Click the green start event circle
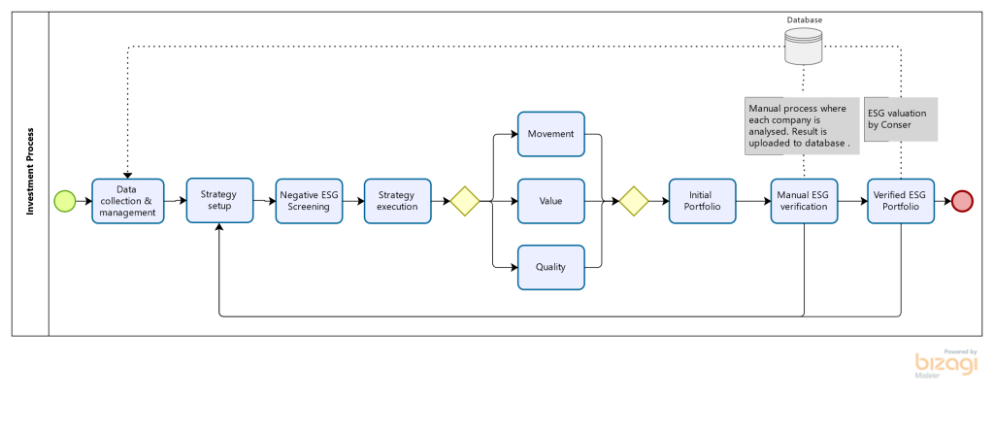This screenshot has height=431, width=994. pyautogui.click(x=65, y=201)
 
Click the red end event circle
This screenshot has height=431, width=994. pyautogui.click(x=962, y=201)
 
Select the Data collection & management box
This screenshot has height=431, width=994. pyautogui.click(x=127, y=201)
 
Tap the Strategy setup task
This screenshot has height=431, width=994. pyautogui.click(x=219, y=201)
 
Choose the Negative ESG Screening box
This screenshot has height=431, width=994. pyautogui.click(x=309, y=201)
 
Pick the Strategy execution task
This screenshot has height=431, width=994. pyautogui.click(x=397, y=201)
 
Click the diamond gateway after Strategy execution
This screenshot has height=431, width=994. pyautogui.click(x=465, y=201)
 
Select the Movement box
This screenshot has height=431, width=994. pyautogui.click(x=550, y=134)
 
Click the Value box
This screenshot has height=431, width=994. pyautogui.click(x=550, y=201)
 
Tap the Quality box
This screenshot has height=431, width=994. pyautogui.click(x=550, y=267)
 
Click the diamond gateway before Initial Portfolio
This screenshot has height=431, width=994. pyautogui.click(x=634, y=201)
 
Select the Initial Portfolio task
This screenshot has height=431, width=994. pyautogui.click(x=703, y=201)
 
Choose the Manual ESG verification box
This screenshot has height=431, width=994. pyautogui.click(x=803, y=201)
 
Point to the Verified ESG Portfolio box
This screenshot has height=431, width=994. pyautogui.click(x=900, y=201)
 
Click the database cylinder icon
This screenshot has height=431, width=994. pyautogui.click(x=803, y=46)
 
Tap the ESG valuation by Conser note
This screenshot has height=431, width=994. pyautogui.click(x=901, y=118)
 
